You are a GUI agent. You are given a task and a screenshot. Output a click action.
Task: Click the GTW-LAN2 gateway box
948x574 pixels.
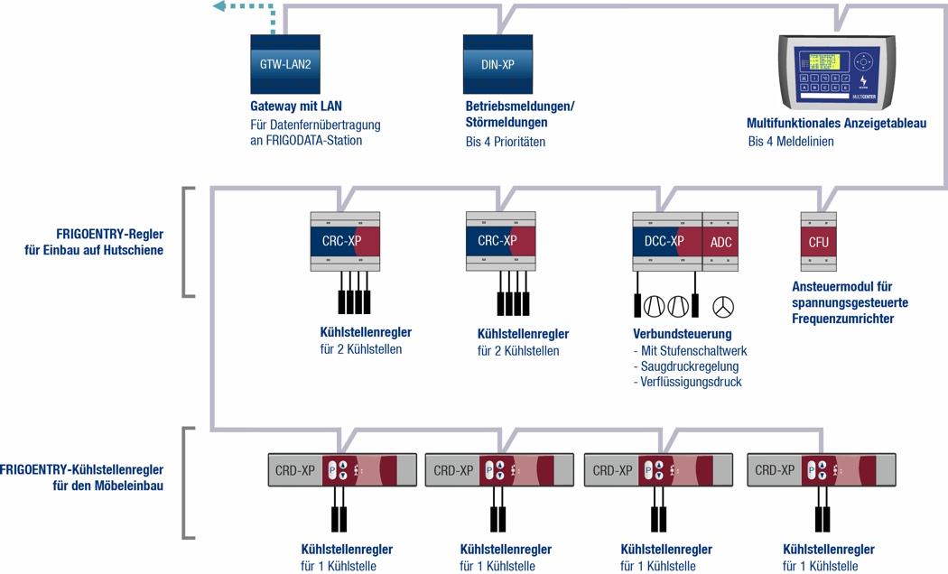pyautogui.click(x=285, y=64)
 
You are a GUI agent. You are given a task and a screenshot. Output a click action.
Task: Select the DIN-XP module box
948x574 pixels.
pyautogui.click(x=497, y=64)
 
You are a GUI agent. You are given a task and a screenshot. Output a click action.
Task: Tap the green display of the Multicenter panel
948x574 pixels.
pyautogui.click(x=825, y=61)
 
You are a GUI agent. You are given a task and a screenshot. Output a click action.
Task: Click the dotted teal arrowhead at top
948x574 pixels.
pyautogui.click(x=220, y=7)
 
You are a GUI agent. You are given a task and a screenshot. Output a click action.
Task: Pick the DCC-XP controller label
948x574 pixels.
pyautogui.click(x=664, y=242)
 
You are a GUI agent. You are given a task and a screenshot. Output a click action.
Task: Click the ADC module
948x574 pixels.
pyautogui.click(x=720, y=242)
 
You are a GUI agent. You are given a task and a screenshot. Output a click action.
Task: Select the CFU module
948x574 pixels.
pyautogui.click(x=818, y=242)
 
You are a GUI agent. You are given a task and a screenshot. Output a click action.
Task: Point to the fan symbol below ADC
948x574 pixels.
pyautogui.click(x=722, y=307)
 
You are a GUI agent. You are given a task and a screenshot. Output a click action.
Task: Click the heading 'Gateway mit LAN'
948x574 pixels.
pyautogui.click(x=296, y=106)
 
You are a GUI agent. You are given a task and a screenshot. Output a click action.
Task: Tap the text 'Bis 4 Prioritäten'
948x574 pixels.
pyautogui.click(x=506, y=142)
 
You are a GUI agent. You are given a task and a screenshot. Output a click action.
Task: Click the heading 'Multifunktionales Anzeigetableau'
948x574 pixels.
pyautogui.click(x=836, y=124)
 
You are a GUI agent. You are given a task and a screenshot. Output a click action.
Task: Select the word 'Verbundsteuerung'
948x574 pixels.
pyautogui.click(x=683, y=334)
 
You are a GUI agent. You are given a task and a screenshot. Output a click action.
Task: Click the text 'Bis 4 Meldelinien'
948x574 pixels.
pyautogui.click(x=791, y=142)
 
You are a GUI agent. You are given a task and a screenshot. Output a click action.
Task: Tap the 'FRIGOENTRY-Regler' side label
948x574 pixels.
pyautogui.click(x=110, y=234)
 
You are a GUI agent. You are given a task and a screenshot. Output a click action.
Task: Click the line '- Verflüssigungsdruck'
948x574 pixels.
pyautogui.click(x=688, y=382)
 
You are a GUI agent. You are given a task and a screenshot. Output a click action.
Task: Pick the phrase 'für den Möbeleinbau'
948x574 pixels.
pyautogui.click(x=108, y=486)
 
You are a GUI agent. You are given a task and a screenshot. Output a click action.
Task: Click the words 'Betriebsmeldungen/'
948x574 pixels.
pyautogui.click(x=520, y=106)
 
